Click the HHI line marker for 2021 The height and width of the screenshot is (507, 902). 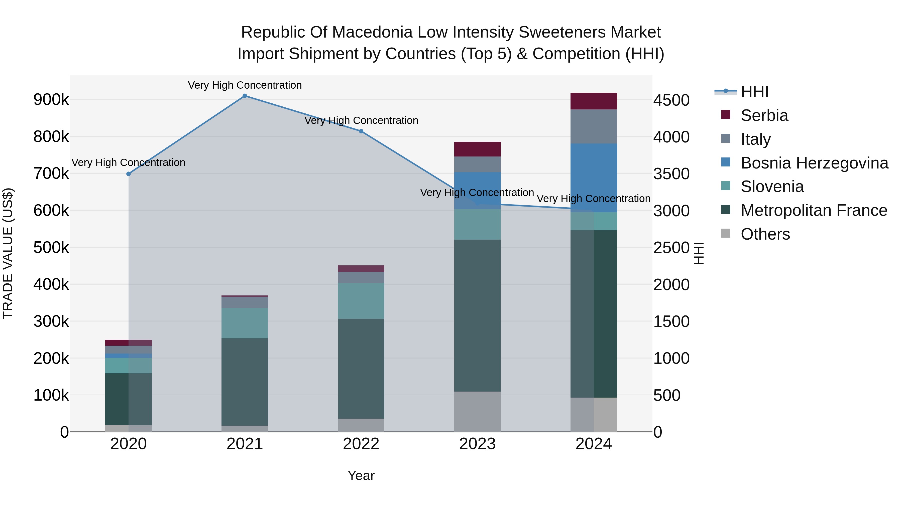(x=245, y=96)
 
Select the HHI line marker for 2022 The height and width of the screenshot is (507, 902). (x=361, y=131)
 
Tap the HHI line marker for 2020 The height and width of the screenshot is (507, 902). (x=129, y=174)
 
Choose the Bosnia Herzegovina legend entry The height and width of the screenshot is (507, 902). (x=814, y=163)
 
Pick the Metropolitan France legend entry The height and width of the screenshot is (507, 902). (x=813, y=210)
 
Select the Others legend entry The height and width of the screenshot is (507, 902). (x=765, y=234)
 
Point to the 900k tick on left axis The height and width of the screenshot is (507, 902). (x=51, y=100)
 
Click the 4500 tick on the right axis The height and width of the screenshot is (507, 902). (x=671, y=100)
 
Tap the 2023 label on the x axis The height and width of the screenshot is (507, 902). (x=477, y=444)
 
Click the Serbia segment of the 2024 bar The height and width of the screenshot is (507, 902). (x=594, y=101)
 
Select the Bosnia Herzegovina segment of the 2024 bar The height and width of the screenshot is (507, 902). (x=594, y=178)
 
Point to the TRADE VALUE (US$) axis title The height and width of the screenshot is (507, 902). (x=8, y=253)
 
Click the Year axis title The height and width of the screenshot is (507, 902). (x=361, y=475)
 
